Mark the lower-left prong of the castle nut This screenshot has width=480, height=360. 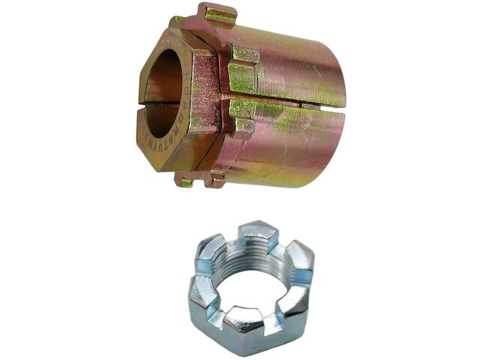[202, 296]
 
